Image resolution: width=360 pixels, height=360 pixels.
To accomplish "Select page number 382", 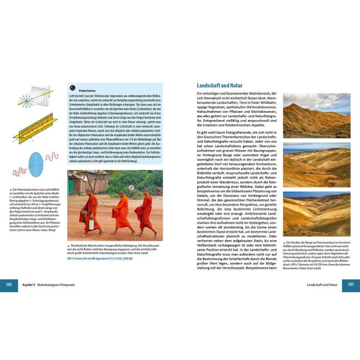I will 10,284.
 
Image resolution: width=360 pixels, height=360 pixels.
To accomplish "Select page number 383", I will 350,284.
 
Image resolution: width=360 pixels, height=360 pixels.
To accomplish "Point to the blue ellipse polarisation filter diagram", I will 37,164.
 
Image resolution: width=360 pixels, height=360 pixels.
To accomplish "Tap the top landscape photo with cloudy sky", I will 317,115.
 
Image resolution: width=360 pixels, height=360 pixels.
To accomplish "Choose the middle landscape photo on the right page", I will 317,165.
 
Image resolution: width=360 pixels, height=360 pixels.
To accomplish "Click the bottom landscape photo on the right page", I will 317,214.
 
